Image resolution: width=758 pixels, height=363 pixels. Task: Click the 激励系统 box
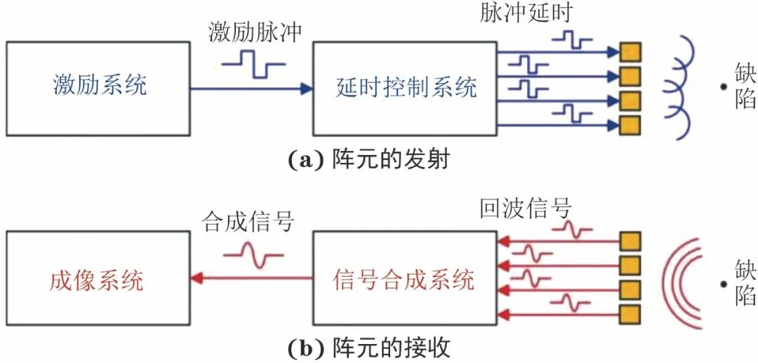coord(98,88)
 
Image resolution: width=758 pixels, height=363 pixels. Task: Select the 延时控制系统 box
coord(404,88)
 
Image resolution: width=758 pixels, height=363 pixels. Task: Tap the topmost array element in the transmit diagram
coord(630,52)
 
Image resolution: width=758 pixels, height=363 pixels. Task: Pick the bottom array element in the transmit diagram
coord(630,126)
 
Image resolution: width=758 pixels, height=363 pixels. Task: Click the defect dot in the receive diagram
coord(722,285)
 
